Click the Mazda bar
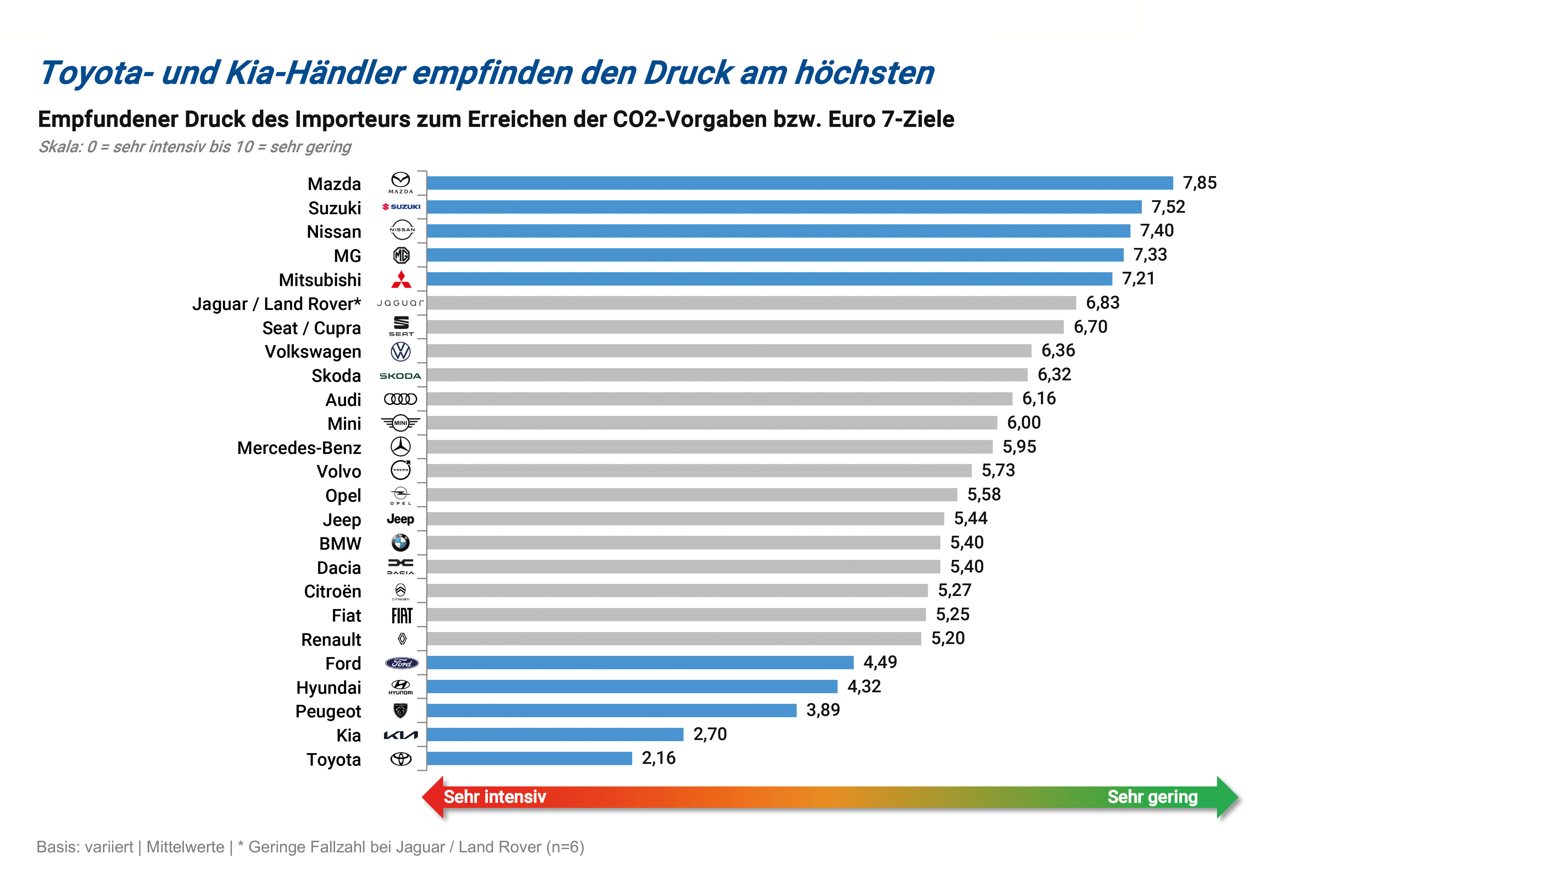(x=799, y=183)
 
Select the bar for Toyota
(x=529, y=759)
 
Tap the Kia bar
(x=555, y=734)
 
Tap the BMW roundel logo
(x=401, y=543)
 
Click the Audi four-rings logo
(x=401, y=399)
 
